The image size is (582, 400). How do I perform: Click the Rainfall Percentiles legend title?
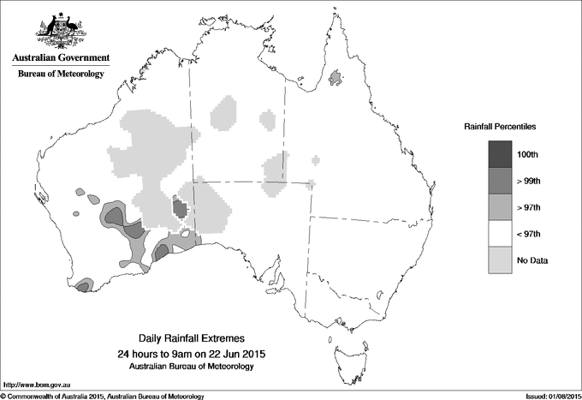click(x=500, y=127)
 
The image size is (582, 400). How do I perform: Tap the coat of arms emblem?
click(x=60, y=31)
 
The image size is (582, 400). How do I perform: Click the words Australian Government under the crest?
click(x=61, y=58)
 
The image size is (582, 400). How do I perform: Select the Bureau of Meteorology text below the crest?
click(x=61, y=75)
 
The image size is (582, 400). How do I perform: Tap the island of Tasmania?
click(x=344, y=348)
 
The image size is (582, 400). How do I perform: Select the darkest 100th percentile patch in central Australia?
click(x=180, y=208)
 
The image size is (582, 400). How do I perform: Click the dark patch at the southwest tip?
click(x=83, y=287)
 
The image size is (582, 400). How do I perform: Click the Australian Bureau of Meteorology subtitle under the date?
click(x=196, y=367)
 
